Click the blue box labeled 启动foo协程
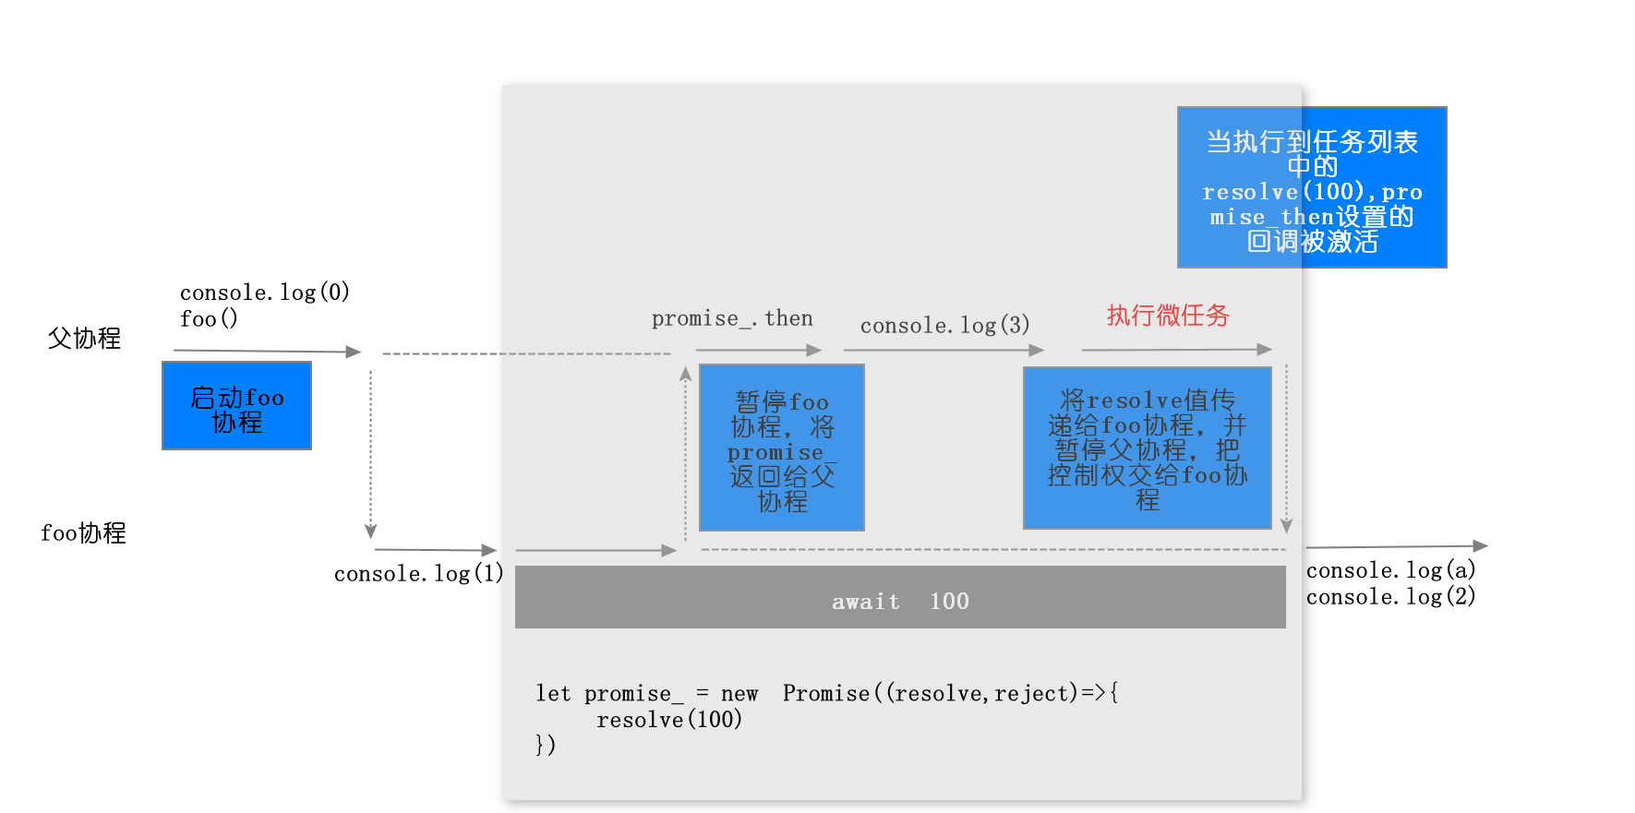tap(236, 406)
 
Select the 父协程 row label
tap(84, 339)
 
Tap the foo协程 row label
tap(83, 533)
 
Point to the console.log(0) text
tap(264, 293)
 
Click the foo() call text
tap(209, 319)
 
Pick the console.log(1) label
tap(418, 574)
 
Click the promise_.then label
tap(732, 319)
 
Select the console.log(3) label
tap(944, 326)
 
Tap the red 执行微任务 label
tap(1168, 316)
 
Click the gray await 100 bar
tap(900, 597)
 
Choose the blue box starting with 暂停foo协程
tap(782, 448)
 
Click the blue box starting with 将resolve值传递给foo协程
tap(1147, 448)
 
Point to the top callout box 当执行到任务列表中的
tap(1312, 187)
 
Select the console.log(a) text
tap(1390, 570)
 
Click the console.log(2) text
tap(1390, 597)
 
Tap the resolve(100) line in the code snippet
tap(669, 720)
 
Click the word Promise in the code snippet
tap(826, 694)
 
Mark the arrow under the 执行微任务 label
tap(1176, 350)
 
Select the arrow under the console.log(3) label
tap(943, 351)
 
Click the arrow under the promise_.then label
tap(758, 351)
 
